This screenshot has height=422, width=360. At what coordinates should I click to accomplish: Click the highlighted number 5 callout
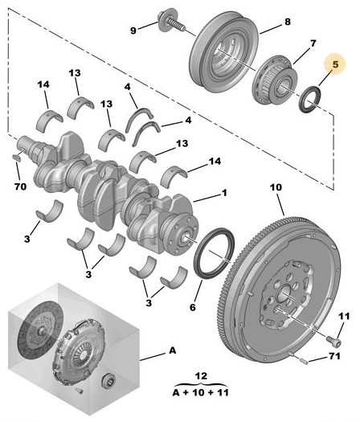[335, 64]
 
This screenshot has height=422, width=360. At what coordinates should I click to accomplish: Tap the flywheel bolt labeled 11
[334, 341]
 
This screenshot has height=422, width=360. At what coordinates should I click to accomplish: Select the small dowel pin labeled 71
[302, 359]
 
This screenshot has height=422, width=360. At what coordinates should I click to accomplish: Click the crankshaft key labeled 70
[18, 158]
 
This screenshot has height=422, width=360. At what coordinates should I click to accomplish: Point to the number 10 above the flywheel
[276, 187]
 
